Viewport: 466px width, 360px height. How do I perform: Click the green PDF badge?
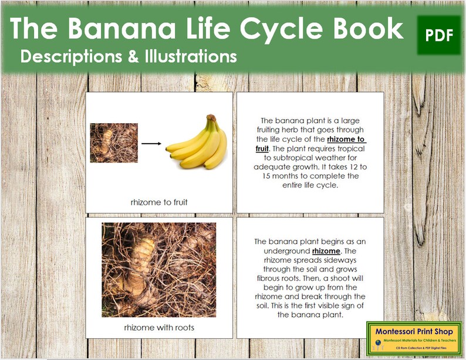pyautogui.click(x=438, y=36)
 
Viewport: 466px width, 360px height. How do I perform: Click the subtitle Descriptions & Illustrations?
pyautogui.click(x=128, y=57)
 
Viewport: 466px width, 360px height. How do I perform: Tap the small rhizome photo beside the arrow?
pyautogui.click(x=113, y=142)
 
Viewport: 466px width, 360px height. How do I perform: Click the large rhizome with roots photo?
pyautogui.click(x=158, y=270)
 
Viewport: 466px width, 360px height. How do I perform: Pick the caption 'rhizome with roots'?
pyautogui.click(x=160, y=327)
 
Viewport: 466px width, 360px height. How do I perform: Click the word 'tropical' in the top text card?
pyautogui.click(x=350, y=148)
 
